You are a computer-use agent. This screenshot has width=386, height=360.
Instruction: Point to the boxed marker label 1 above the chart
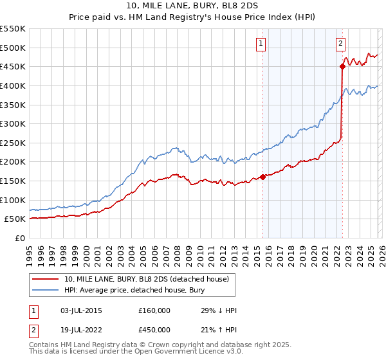[x=261, y=44]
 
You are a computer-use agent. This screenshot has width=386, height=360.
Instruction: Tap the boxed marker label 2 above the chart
[x=340, y=44]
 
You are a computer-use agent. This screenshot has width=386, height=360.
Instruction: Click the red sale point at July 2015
[x=262, y=177]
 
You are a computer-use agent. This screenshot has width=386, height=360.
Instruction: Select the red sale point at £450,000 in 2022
[x=343, y=66]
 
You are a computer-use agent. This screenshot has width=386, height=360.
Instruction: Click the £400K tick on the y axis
[x=13, y=85]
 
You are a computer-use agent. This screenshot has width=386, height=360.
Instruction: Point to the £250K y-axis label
[x=13, y=143]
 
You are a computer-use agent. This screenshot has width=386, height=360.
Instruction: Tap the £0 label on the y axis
[x=19, y=238]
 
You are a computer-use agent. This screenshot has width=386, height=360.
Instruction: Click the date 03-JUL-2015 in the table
[x=80, y=310]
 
